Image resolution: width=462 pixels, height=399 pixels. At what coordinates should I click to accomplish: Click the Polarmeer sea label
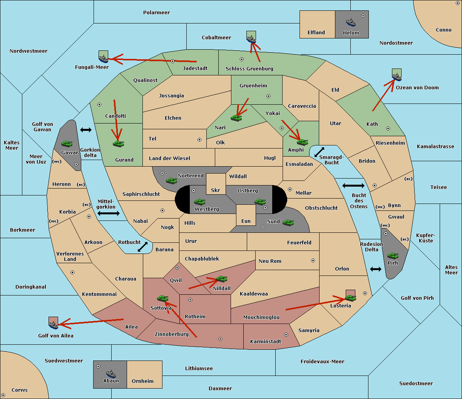156,13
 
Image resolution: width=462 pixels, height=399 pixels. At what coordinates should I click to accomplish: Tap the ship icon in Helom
351,22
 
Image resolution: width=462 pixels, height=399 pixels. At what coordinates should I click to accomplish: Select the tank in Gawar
67,144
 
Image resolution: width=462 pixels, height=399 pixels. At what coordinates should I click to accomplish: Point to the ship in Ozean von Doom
397,76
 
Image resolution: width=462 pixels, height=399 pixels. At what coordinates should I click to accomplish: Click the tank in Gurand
118,144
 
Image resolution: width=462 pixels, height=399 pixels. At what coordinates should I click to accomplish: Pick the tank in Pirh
393,255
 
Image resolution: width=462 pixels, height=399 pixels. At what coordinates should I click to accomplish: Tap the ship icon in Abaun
110,374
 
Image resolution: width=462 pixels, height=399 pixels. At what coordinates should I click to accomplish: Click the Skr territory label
216,190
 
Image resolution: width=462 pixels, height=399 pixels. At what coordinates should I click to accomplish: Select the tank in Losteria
350,297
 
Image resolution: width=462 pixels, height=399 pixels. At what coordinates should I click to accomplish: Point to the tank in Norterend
171,180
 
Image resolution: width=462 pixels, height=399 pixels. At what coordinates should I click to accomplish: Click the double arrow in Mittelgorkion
109,214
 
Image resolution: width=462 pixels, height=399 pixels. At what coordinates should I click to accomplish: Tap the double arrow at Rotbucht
142,247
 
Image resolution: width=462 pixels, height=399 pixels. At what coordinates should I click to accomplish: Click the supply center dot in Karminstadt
286,335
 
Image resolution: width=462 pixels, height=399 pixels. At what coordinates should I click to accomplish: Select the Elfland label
316,33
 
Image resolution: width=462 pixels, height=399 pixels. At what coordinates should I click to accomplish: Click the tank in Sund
288,222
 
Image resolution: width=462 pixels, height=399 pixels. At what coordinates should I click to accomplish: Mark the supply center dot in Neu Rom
313,260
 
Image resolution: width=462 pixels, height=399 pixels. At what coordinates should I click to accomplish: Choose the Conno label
444,30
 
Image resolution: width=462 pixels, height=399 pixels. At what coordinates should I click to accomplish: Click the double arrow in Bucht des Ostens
353,186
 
